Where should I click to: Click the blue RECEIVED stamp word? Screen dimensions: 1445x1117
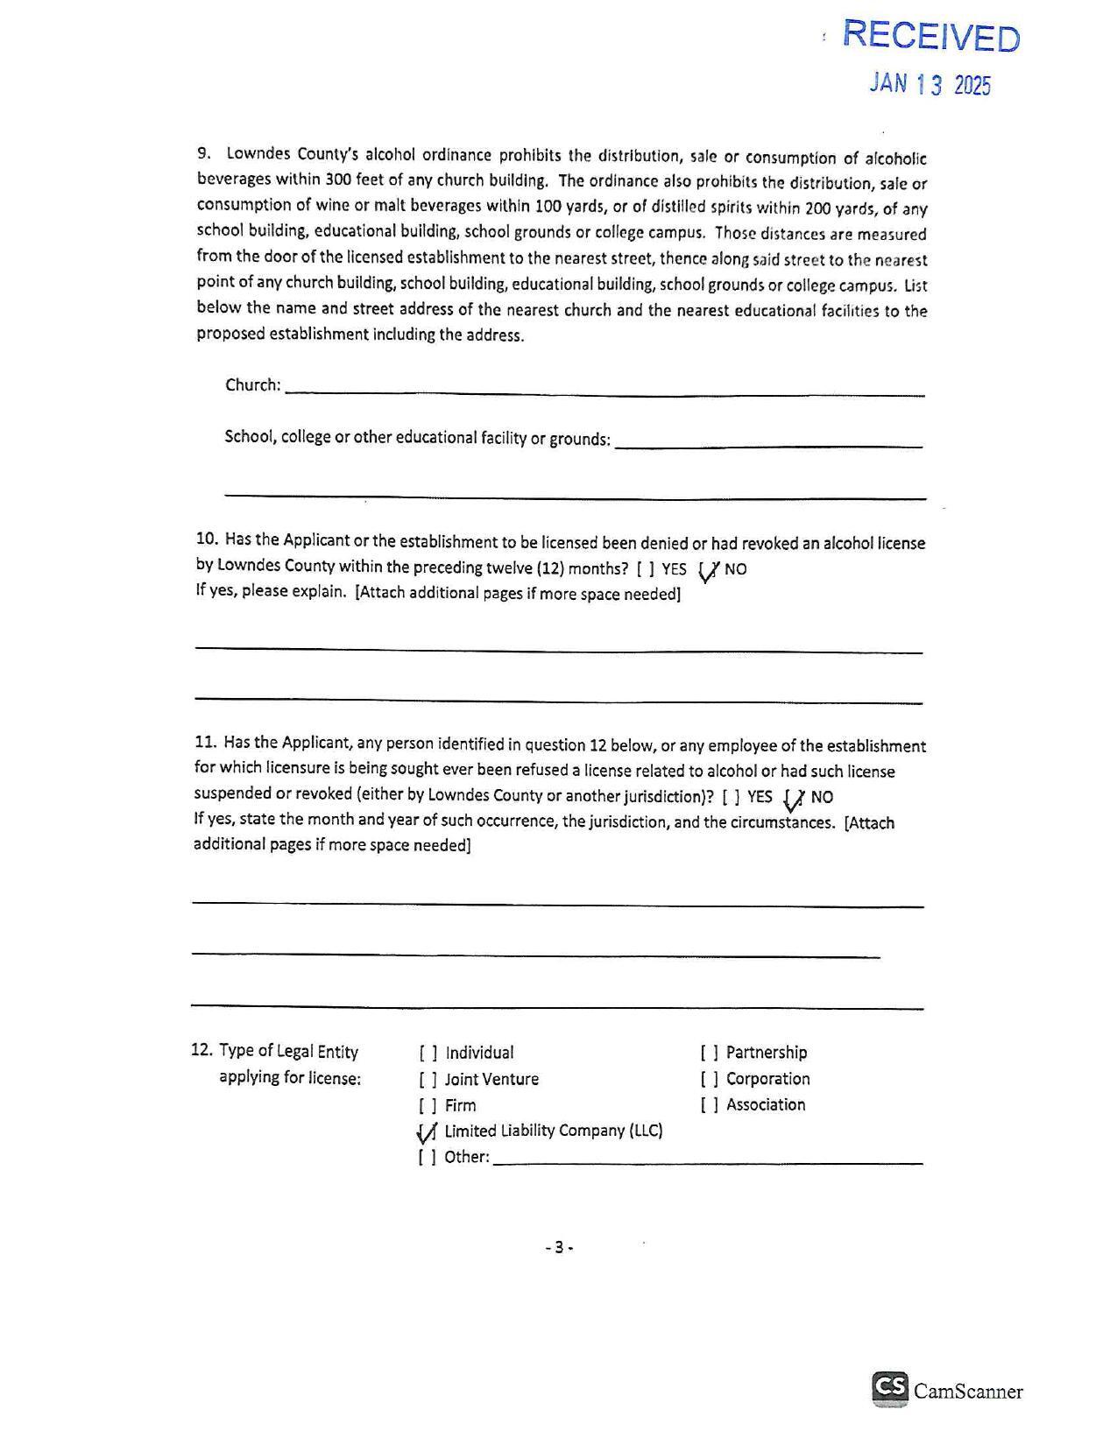931,36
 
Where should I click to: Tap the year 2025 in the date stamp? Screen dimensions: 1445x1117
972,85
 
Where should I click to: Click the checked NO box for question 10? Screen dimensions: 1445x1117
709,570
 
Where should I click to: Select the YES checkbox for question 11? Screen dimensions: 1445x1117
731,797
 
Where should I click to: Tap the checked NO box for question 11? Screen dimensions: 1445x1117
795,798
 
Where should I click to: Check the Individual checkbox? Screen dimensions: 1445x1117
428,1053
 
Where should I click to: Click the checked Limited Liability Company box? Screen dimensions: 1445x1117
428,1132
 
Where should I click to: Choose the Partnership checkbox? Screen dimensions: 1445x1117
709,1053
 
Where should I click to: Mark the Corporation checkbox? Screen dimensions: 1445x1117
709,1079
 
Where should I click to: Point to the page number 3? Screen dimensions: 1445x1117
559,1247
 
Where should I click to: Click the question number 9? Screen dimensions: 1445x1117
203,153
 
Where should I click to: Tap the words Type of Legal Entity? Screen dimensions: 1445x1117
288,1052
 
